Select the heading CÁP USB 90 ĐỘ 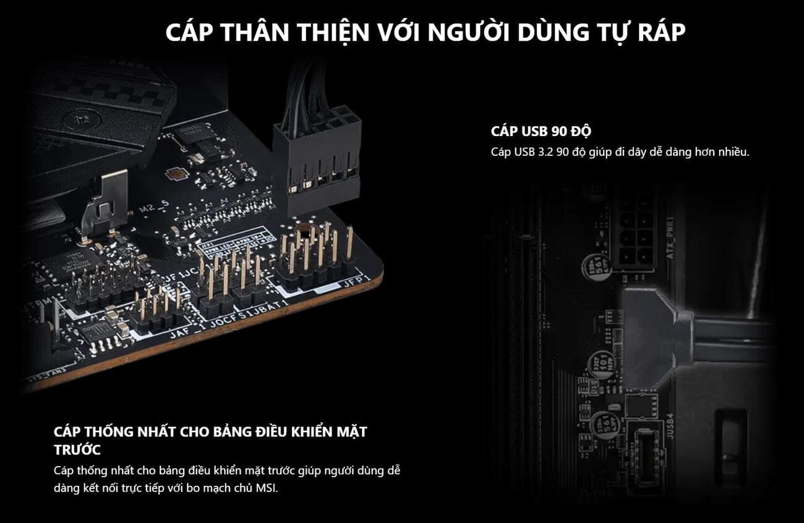click(541, 132)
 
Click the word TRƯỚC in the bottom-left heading click(77, 449)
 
